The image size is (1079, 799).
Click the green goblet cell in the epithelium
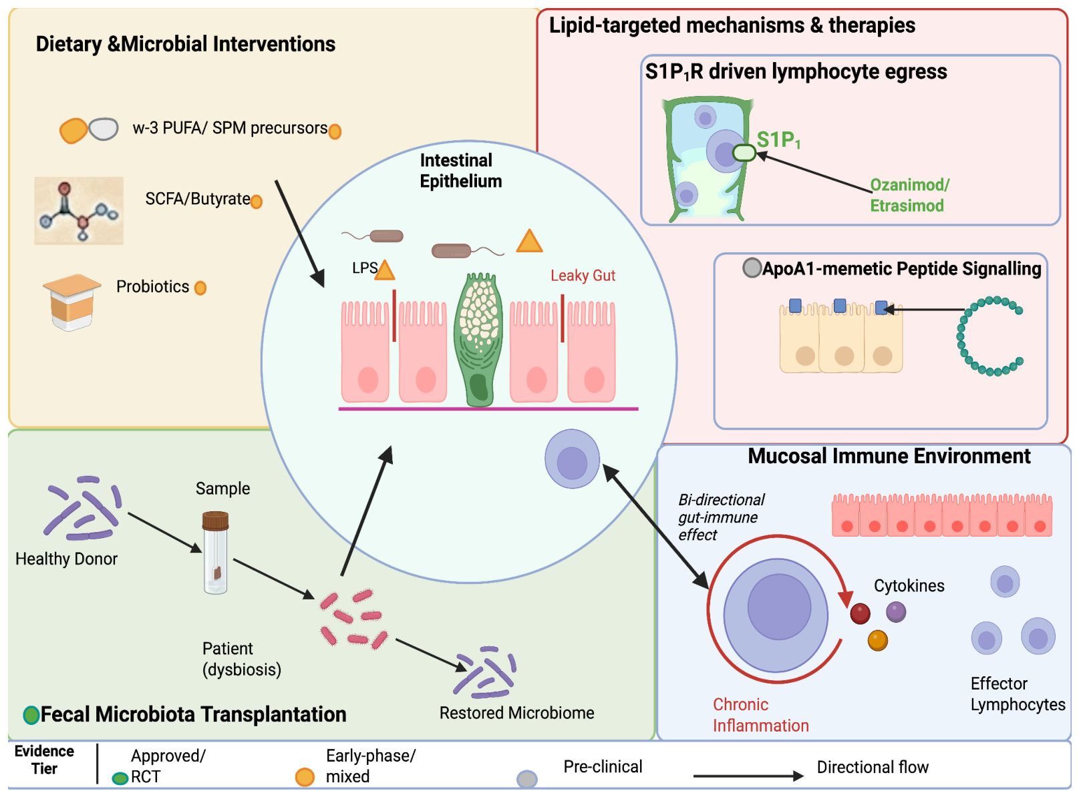(x=478, y=340)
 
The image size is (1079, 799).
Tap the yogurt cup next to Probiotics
(x=72, y=302)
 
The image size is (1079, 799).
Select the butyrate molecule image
(x=79, y=210)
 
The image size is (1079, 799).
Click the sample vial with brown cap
(x=216, y=553)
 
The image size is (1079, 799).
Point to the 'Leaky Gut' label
(x=583, y=276)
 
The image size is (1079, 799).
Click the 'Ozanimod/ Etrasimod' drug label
(x=909, y=196)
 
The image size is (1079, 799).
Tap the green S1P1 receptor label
(x=778, y=140)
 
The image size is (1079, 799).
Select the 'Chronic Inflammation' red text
(x=761, y=715)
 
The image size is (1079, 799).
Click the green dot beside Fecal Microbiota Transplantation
(x=31, y=715)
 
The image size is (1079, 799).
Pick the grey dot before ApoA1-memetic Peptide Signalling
(x=752, y=268)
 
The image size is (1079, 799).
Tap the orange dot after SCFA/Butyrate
(x=257, y=201)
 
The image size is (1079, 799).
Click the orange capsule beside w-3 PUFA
(x=73, y=131)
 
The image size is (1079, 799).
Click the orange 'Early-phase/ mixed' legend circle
(x=305, y=777)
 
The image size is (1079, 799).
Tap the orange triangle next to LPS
(x=385, y=270)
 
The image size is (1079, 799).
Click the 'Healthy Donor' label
(x=66, y=559)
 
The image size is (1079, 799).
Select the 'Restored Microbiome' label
(x=516, y=713)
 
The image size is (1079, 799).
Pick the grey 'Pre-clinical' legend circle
(x=527, y=779)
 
